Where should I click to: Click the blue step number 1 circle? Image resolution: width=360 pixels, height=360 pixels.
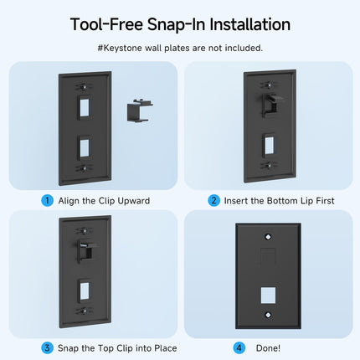click(48, 201)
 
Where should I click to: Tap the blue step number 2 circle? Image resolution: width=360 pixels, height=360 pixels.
click(213, 201)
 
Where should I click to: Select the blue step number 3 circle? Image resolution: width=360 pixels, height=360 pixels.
click(47, 348)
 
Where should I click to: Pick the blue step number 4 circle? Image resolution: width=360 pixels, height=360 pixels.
click(239, 348)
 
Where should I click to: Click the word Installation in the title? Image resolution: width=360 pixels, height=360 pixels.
click(250, 24)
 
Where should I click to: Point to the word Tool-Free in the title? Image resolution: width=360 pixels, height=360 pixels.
click(106, 24)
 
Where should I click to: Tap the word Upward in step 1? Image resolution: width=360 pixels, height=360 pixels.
click(134, 201)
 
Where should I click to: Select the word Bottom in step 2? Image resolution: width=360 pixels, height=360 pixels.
click(282, 201)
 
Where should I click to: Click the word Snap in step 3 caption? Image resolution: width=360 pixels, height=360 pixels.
click(68, 348)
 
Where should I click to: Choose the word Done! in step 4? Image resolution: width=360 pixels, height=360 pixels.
click(268, 348)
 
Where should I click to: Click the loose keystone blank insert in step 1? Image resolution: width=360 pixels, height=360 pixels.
click(140, 111)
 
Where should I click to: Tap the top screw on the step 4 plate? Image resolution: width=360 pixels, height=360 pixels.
click(268, 237)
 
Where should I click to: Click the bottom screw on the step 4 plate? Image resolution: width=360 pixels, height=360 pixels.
click(268, 315)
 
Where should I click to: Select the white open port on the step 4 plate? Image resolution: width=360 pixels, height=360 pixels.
click(268, 296)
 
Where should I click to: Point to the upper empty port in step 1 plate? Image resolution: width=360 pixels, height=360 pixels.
click(85, 108)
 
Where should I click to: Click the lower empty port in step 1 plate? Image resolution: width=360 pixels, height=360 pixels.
click(85, 147)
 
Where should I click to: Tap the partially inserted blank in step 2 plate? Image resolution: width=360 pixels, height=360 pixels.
click(271, 105)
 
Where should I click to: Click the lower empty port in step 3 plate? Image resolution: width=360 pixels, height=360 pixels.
click(85, 291)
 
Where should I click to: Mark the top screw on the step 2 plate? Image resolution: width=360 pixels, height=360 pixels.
click(268, 85)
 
